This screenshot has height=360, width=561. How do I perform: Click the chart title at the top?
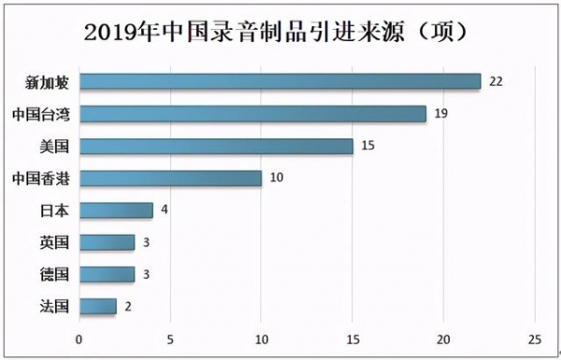[280, 32]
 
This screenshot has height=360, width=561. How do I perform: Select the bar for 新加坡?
[280, 81]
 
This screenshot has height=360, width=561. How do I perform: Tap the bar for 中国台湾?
[252, 114]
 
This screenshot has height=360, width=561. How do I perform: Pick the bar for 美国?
[216, 146]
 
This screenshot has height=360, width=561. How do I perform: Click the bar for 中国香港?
[170, 178]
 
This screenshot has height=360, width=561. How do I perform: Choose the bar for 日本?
[116, 210]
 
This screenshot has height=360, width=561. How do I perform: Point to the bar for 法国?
[97, 306]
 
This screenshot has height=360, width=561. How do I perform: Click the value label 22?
[496, 81]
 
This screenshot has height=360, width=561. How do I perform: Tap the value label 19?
[442, 114]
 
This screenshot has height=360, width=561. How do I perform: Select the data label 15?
[368, 146]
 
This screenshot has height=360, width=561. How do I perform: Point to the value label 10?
[277, 178]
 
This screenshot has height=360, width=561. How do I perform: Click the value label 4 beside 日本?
[164, 210]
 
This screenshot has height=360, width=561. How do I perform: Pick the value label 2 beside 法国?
[127, 306]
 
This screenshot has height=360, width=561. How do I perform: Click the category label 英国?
[53, 242]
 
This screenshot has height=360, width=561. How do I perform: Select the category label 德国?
[53, 274]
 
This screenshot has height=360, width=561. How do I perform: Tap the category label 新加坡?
[48, 81]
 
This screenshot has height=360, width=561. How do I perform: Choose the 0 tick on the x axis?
[79, 338]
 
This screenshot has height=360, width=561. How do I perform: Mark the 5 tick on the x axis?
[170, 338]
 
